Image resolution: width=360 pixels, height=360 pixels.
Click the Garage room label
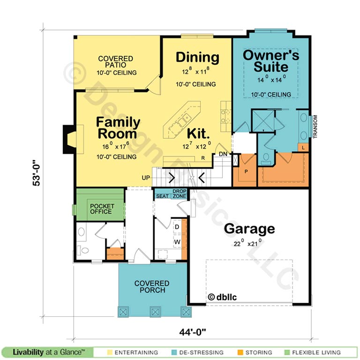tap(249, 229)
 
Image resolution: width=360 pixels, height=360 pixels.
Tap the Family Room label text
tap(118, 127)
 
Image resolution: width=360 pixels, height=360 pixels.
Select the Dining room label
tap(197, 57)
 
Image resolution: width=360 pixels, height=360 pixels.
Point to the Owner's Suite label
tap(271, 61)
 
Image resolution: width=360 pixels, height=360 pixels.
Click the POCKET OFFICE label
tap(102, 209)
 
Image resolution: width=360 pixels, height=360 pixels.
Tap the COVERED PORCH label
tap(152, 286)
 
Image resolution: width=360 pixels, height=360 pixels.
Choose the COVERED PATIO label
tap(115, 62)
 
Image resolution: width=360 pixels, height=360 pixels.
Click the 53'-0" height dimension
tap(36, 172)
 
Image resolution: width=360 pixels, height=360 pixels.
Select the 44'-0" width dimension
tap(193, 332)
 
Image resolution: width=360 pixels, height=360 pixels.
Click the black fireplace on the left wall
tap(69, 139)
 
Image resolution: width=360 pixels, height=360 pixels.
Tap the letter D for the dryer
tap(177, 227)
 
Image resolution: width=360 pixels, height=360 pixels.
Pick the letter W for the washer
tap(177, 242)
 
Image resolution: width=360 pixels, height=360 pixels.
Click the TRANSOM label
tap(315, 127)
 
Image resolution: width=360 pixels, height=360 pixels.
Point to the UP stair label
tap(146, 178)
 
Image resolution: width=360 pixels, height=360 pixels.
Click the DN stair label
tap(223, 154)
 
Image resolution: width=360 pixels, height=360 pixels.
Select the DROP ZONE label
tap(180, 194)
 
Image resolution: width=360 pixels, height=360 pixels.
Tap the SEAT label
tap(163, 196)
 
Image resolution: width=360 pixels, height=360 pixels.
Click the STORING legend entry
tap(255, 352)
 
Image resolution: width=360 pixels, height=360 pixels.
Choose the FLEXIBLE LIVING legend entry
tap(313, 352)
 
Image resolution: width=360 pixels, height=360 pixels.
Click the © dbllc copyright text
tap(222, 297)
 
